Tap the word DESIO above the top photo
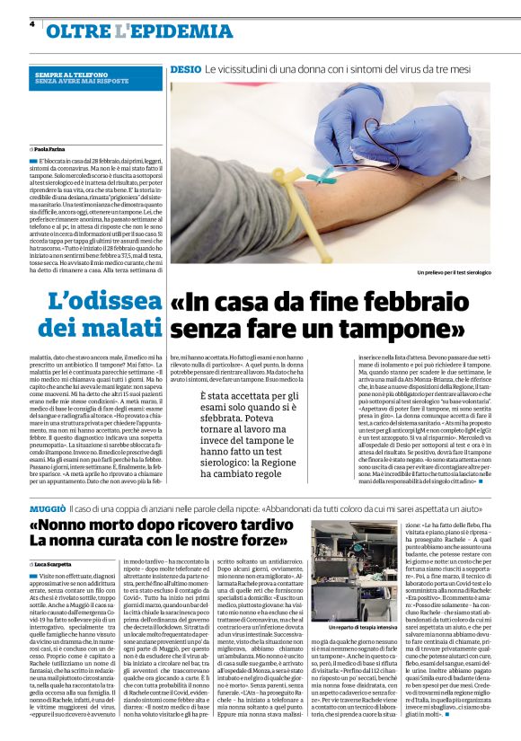pos(185,68)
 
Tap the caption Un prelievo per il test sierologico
pos(455,271)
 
